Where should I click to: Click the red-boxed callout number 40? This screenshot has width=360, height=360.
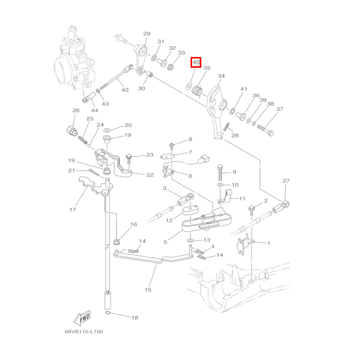click(x=196, y=62)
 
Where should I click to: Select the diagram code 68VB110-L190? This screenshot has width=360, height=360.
click(x=84, y=332)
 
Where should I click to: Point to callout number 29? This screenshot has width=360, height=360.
click(x=146, y=34)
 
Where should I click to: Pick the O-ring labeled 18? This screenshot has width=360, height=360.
click(x=107, y=312)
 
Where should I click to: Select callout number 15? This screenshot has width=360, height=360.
click(x=148, y=290)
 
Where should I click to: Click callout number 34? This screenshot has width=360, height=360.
click(x=222, y=76)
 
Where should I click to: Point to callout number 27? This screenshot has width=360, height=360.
click(x=286, y=181)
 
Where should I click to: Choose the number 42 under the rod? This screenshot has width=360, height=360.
click(x=125, y=90)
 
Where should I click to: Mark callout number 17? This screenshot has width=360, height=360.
click(x=73, y=210)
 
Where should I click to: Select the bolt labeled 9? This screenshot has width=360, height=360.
click(x=221, y=173)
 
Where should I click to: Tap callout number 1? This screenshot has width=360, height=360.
click(x=269, y=243)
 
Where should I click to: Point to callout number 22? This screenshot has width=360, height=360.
click(x=150, y=174)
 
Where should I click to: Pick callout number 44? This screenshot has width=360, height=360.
click(x=94, y=110)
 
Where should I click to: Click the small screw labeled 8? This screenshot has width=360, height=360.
click(x=172, y=145)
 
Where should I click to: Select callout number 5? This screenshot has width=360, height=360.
click(x=166, y=242)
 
